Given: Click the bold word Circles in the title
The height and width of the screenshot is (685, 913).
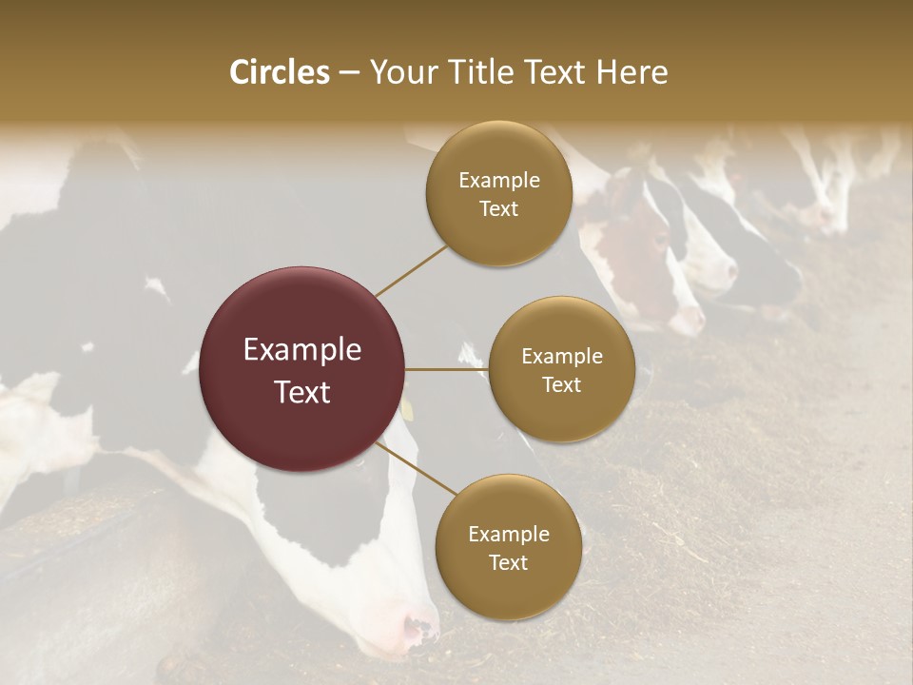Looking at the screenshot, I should tap(279, 72).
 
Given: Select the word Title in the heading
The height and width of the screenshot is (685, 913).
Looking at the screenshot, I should tap(478, 72).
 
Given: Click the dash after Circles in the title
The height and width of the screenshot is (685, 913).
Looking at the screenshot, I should tap(348, 73).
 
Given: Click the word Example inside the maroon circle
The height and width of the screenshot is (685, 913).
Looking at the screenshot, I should tap(302, 350).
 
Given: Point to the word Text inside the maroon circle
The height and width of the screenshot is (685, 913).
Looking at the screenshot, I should tap(302, 392).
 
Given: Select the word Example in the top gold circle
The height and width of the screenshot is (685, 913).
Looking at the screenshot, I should tap(499, 181).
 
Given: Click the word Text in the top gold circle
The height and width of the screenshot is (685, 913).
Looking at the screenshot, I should tap(499, 209).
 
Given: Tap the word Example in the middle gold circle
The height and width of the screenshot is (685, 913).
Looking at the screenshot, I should tap(561, 357).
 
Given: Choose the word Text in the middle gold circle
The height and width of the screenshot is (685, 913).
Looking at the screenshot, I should tap(561, 385).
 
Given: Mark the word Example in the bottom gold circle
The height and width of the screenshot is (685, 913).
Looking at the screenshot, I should tap(508, 535).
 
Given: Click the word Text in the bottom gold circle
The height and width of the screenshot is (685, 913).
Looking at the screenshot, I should tap(508, 563).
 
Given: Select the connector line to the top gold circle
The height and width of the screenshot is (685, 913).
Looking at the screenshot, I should tap(411, 271).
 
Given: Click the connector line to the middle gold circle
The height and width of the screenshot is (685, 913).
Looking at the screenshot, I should tap(447, 369).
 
